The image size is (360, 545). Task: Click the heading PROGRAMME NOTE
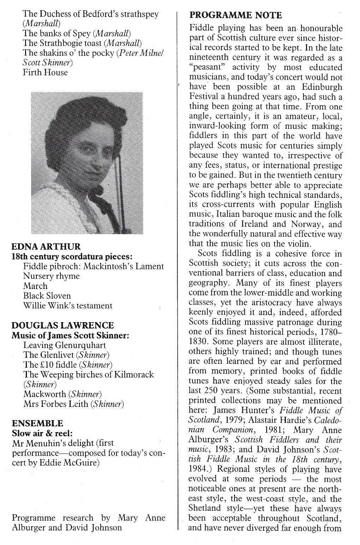tap(235, 15)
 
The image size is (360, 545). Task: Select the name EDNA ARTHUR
tap(46, 247)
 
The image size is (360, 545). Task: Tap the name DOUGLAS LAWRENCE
tap(63, 325)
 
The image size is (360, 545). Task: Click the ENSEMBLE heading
tap(37, 423)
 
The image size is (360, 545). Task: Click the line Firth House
tap(45, 72)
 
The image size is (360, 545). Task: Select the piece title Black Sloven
tap(47, 296)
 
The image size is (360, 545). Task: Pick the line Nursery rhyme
tap(51, 276)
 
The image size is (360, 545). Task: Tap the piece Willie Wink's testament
tap(68, 306)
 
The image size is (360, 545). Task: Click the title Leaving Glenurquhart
tap(65, 345)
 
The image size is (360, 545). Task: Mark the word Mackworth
tap(45, 394)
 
